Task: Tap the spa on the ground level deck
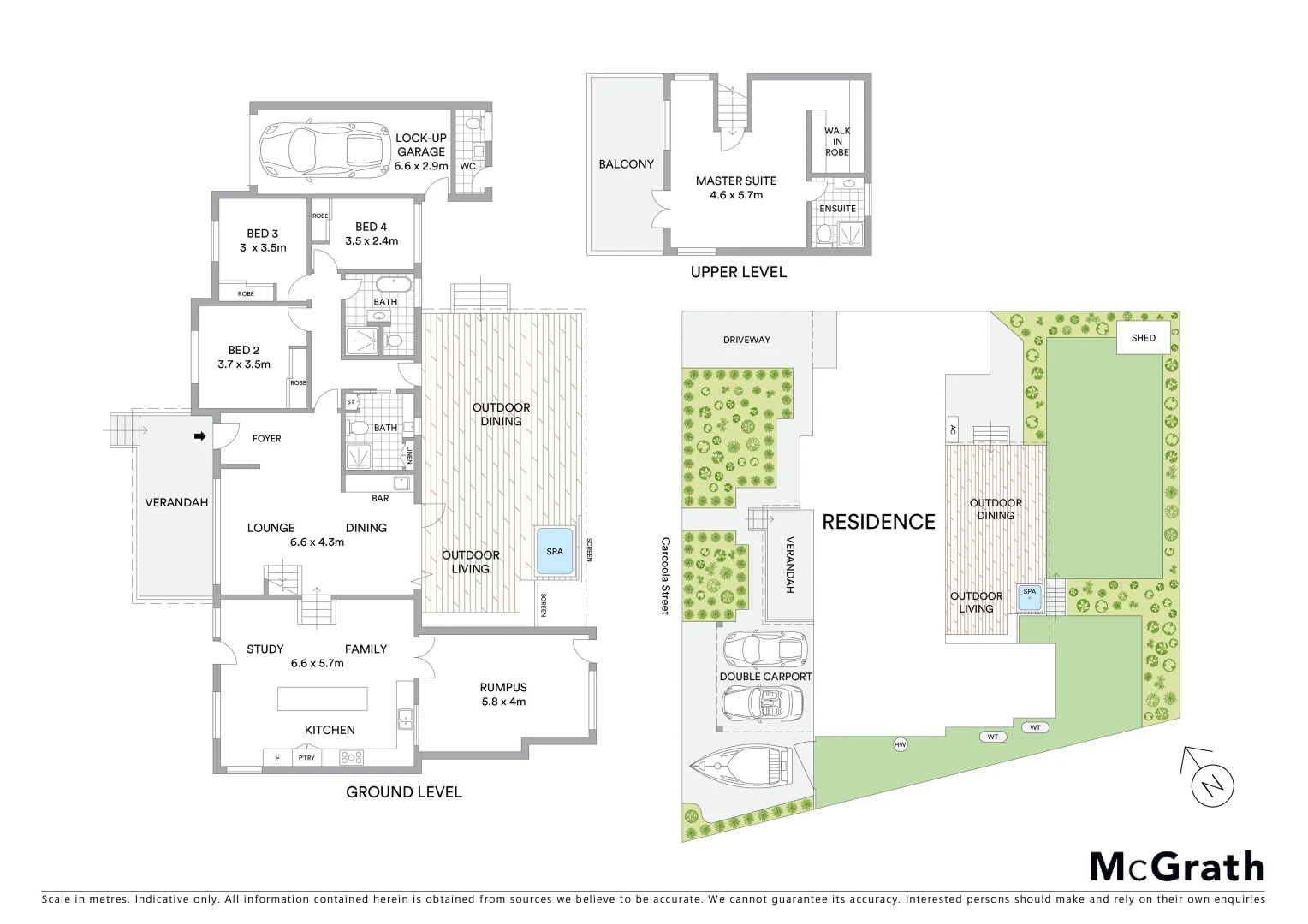coord(555,550)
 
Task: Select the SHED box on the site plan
coord(1143,338)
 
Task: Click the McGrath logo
coord(1177,867)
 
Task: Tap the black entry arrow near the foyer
coord(200,436)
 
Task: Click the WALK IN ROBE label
coord(837,142)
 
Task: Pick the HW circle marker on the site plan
coord(900,744)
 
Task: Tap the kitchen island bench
coord(323,698)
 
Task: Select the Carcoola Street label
coord(665,576)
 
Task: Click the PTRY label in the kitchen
coord(306,757)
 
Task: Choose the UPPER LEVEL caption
coord(738,272)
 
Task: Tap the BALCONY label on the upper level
coord(626,163)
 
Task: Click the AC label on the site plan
coord(953,429)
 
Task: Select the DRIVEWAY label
coord(746,340)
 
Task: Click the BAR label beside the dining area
coord(380,498)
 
